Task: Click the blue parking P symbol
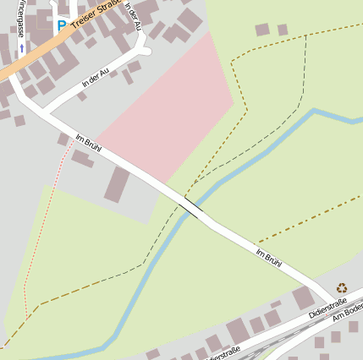[61, 25]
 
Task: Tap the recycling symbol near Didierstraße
[342, 288]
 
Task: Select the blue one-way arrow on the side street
[22, 48]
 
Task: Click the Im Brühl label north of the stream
[89, 145]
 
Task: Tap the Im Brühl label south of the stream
[269, 260]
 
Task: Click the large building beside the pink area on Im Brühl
[117, 184]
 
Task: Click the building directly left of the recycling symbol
[303, 297]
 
